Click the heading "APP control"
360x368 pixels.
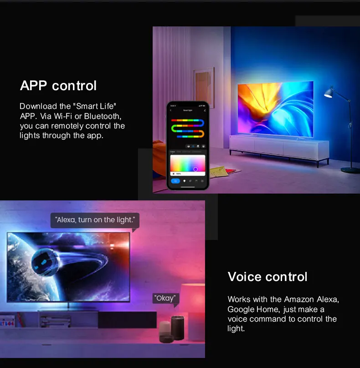[58, 86]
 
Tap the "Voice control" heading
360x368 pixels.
[267, 277]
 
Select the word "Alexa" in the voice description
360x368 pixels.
[324, 299]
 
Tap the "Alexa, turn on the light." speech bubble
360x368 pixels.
[95, 220]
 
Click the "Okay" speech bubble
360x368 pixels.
[165, 298]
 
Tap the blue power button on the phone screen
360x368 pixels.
[175, 181]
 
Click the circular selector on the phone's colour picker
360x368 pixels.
[195, 169]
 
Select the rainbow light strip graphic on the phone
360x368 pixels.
[187, 128]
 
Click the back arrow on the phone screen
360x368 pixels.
[171, 110]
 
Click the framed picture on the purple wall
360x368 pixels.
[203, 81]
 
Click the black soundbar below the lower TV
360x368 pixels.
[128, 319]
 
